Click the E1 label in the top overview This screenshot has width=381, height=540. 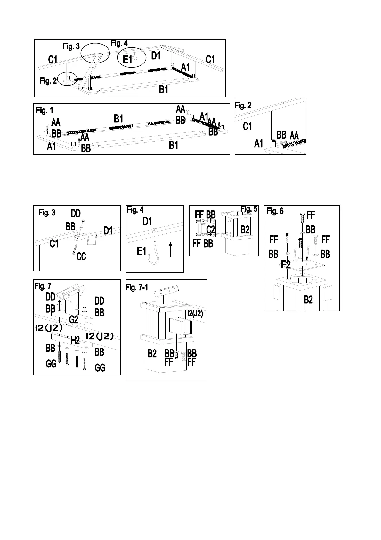[x=127, y=60]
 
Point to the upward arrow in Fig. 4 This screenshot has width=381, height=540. [x=171, y=250]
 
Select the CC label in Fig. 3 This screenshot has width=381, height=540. [x=81, y=257]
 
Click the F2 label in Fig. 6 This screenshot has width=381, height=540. [x=286, y=265]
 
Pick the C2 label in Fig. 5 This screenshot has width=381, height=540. [x=210, y=230]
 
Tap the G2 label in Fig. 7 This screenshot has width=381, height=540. [x=74, y=319]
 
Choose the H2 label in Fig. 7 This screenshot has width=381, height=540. [x=75, y=341]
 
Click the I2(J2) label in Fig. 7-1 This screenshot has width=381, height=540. [x=195, y=314]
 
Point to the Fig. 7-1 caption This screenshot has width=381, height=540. [x=137, y=287]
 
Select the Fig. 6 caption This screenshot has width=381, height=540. [x=275, y=211]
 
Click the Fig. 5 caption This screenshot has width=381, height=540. [x=249, y=209]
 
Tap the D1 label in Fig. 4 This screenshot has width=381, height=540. [x=147, y=221]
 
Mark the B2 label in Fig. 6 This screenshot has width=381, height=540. [x=308, y=300]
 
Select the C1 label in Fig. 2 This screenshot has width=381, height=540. [x=247, y=126]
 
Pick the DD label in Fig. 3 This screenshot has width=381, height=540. [x=76, y=213]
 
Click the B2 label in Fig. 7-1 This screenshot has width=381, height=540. [x=152, y=353]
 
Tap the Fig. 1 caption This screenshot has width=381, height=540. [x=45, y=111]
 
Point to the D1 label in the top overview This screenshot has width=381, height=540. [x=156, y=56]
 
